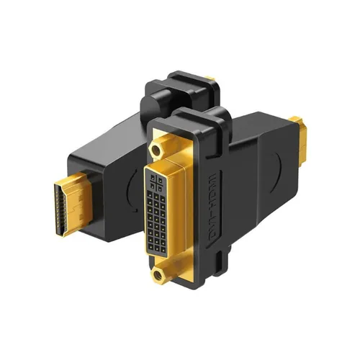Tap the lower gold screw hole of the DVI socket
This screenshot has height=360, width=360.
(x=157, y=274)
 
